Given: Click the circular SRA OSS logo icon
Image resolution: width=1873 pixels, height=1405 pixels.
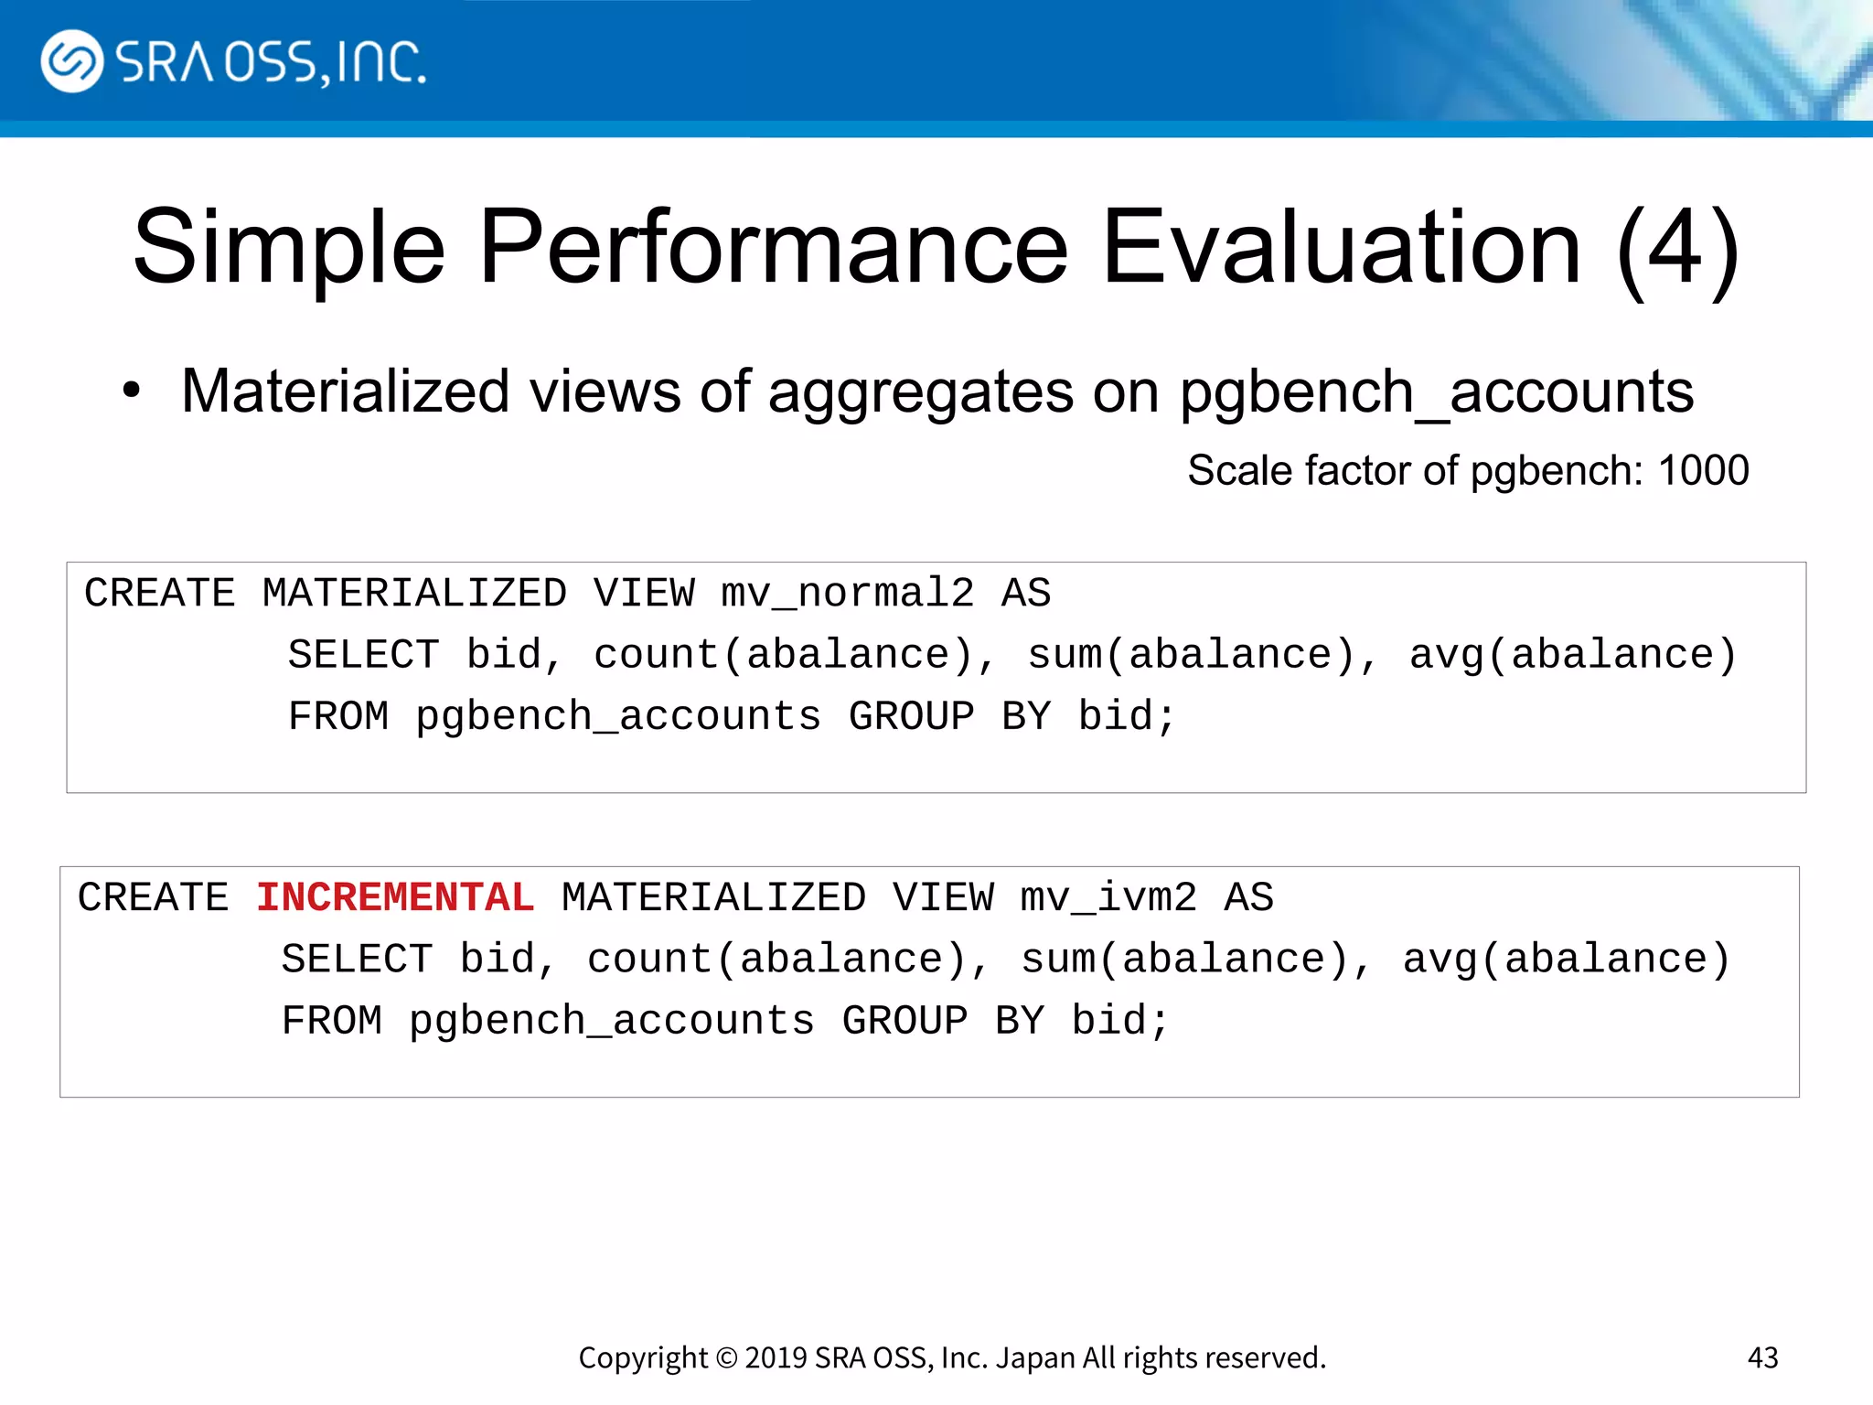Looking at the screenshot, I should point(71,61).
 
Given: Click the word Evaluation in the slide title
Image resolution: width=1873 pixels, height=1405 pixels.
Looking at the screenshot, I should point(1341,247).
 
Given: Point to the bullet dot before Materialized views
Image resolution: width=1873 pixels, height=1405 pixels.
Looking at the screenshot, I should point(132,391).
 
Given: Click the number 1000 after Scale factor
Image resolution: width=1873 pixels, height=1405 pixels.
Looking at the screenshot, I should point(1703,471).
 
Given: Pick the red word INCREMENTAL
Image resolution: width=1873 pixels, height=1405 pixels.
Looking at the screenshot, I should point(395,897).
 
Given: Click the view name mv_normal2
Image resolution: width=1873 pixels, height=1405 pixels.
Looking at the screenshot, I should point(847,594).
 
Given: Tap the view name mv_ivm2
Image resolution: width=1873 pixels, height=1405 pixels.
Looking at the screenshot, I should point(1108,897).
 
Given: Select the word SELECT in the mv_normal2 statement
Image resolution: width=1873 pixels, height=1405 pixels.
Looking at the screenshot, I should point(363,655).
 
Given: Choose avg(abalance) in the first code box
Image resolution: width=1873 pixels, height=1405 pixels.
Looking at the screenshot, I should point(1572,655).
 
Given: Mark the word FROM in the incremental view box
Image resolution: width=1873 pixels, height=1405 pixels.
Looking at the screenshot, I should point(332,1021).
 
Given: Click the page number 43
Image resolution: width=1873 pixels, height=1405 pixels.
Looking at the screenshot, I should point(1762,1357).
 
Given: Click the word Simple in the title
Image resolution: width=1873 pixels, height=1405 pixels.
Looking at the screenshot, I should point(289,247).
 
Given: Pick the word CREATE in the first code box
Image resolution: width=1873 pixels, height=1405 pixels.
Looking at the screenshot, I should point(160,594).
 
